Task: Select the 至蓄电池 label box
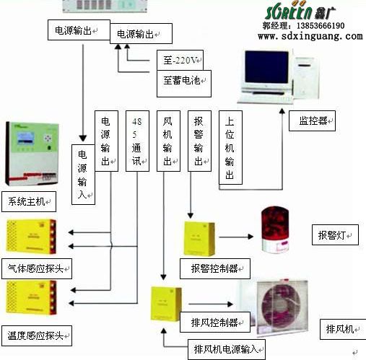[x=182, y=82]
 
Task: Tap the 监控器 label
[x=311, y=121]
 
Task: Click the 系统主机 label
[x=27, y=199]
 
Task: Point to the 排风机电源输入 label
[x=226, y=349]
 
